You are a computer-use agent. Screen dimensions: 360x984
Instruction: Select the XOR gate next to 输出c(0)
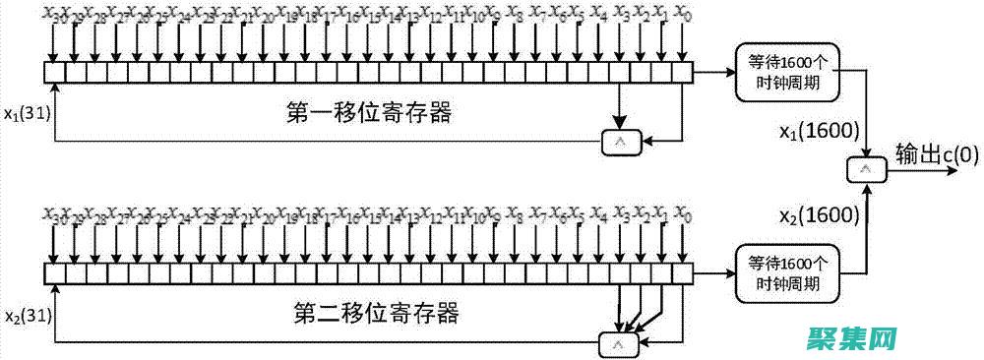[x=867, y=170]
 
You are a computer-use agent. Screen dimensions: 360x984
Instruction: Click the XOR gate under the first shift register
[x=620, y=144]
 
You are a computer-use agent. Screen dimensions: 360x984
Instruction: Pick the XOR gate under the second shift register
[x=618, y=344]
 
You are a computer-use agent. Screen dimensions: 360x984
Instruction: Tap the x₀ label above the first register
[x=683, y=15]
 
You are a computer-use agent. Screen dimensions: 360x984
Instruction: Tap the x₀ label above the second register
[x=683, y=215]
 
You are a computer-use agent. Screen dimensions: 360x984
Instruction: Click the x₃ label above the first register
[x=621, y=15]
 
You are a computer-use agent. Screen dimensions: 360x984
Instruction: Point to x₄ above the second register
[x=598, y=215]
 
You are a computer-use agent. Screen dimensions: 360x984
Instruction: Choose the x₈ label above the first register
[x=514, y=15]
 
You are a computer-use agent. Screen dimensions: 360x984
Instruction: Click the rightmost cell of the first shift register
[x=684, y=72]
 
